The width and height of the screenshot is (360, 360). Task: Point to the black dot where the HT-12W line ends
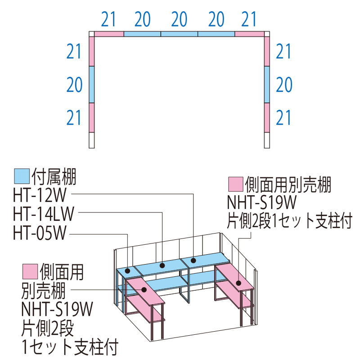[x=193, y=260]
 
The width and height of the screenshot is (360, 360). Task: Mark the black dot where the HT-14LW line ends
[x=162, y=265]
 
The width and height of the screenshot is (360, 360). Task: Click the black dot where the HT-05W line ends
[x=128, y=271]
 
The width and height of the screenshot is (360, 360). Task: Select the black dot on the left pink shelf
[x=144, y=290]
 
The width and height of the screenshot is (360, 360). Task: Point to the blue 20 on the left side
[x=74, y=85]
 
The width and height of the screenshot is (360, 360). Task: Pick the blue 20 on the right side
[x=284, y=85]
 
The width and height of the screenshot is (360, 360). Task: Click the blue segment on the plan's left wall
[x=92, y=85]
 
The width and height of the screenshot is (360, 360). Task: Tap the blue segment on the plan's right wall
[x=267, y=85]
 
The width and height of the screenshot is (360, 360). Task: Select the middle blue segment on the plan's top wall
[x=179, y=34]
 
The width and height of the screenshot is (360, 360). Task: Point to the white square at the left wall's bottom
[x=92, y=140]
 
